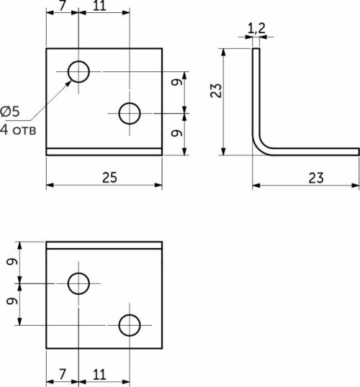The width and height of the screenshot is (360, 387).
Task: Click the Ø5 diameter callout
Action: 10,111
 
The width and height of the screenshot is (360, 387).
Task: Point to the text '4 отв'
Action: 18,130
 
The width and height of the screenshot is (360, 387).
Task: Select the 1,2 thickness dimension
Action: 256,28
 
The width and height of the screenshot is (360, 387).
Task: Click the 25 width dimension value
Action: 109,177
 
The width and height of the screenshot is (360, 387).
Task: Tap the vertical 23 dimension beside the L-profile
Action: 216,90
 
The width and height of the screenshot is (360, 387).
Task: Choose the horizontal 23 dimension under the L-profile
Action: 316,178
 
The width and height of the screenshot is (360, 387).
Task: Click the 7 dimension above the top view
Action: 63,6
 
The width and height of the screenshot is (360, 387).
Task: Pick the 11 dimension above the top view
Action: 99,6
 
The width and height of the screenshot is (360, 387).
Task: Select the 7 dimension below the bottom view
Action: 63,375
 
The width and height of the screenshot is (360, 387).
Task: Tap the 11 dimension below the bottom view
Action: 99,375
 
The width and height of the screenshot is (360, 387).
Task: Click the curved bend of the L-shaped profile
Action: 259,147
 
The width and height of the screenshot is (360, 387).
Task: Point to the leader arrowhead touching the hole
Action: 68,83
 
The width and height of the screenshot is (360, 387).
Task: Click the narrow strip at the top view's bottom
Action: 104,151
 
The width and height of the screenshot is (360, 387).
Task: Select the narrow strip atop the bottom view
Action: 104,245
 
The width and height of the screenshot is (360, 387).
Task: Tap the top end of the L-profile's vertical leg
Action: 256,48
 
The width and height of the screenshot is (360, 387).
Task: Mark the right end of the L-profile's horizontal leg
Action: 359,152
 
